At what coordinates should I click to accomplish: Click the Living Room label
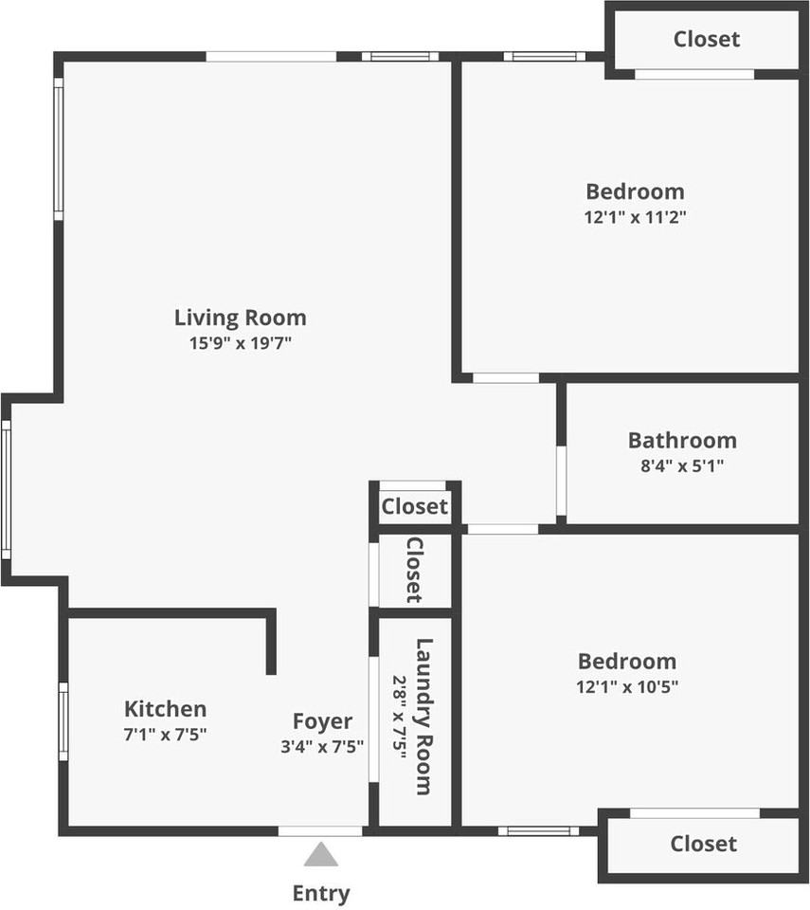pyautogui.click(x=240, y=318)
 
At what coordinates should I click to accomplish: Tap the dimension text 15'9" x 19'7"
pyautogui.click(x=240, y=343)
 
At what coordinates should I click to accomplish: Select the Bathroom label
pyautogui.click(x=682, y=440)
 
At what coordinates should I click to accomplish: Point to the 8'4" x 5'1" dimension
pyautogui.click(x=682, y=465)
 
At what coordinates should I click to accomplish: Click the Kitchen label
pyautogui.click(x=166, y=708)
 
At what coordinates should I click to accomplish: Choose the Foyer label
pyautogui.click(x=322, y=721)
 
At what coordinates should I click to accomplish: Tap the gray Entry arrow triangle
pyautogui.click(x=321, y=855)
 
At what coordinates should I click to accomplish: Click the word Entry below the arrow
pyautogui.click(x=321, y=893)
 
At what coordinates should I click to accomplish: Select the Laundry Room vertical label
pyautogui.click(x=423, y=717)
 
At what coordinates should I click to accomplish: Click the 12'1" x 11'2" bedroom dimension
pyautogui.click(x=635, y=216)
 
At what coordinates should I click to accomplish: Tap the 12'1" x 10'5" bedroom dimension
pyautogui.click(x=627, y=686)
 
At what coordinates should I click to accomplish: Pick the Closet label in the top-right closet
pyautogui.click(x=707, y=39)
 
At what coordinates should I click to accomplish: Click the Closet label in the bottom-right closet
pyautogui.click(x=703, y=844)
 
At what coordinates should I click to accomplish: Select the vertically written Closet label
pyautogui.click(x=414, y=570)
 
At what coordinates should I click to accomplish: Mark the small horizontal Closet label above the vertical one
pyautogui.click(x=414, y=507)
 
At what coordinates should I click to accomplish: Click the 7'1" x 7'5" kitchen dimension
pyautogui.click(x=166, y=734)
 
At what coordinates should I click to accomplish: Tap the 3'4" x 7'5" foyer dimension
pyautogui.click(x=322, y=746)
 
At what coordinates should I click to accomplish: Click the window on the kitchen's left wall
pyautogui.click(x=63, y=721)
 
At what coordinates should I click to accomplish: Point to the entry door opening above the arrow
pyautogui.click(x=320, y=831)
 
